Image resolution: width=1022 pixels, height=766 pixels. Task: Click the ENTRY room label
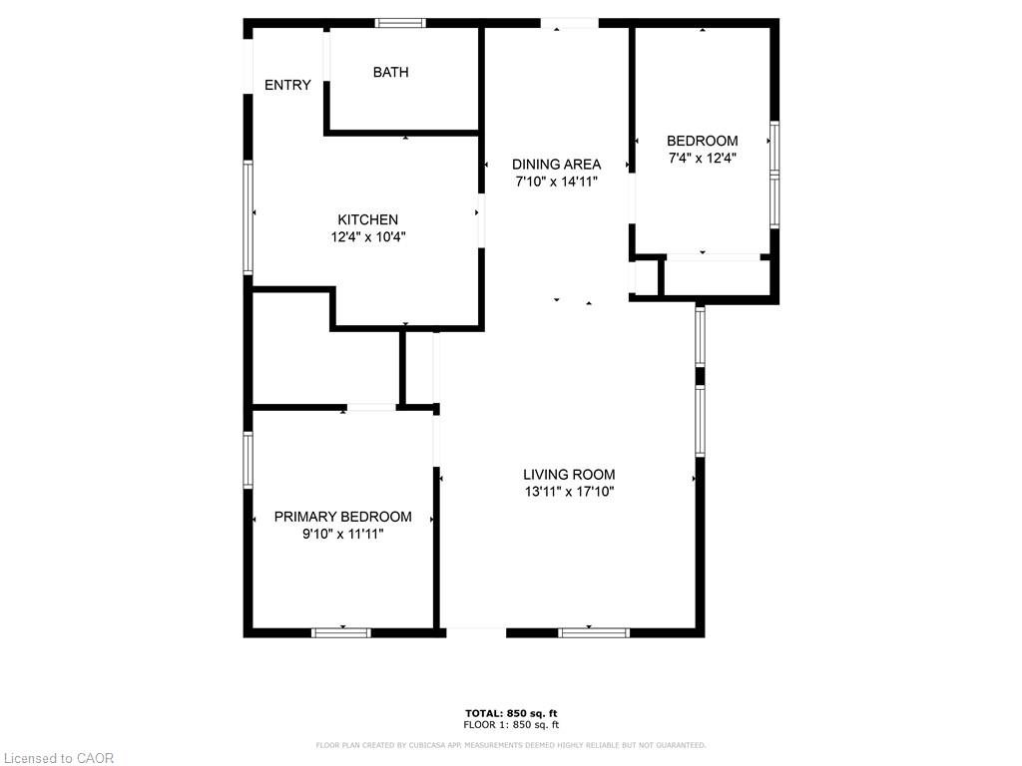pos(287,85)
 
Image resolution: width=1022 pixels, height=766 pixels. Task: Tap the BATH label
pos(391,72)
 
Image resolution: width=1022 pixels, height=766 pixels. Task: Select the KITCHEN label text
pos(367,220)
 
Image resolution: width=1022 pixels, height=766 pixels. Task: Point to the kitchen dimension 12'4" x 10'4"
pos(368,237)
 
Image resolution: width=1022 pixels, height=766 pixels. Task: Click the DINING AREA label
pos(557,165)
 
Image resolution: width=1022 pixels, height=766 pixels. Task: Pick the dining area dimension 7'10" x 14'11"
pos(557,182)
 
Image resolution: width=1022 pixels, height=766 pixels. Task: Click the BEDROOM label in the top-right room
pos(703,141)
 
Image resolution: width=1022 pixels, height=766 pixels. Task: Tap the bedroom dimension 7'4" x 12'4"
pos(703,158)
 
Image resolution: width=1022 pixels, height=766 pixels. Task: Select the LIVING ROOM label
pos(569,475)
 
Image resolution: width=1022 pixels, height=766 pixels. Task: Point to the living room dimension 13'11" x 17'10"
pos(569,492)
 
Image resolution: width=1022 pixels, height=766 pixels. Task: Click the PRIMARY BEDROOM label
pos(343,518)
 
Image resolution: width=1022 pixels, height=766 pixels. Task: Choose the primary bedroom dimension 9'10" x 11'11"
pos(343,535)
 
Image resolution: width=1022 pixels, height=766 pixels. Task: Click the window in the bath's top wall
pos(400,24)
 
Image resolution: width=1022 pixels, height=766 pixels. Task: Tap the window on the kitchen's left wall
pos(248,217)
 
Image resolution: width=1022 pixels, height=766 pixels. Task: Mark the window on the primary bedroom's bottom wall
pos(341,632)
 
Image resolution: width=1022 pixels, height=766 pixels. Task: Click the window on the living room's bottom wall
pos(594,632)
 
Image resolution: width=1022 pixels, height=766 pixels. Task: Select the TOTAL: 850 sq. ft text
pos(511,714)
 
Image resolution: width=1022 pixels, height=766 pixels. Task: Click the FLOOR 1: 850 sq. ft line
pos(511,725)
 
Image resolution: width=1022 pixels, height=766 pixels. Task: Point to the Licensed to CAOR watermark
pos(59,758)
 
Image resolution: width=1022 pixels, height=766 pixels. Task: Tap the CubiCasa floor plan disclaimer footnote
pos(511,745)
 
